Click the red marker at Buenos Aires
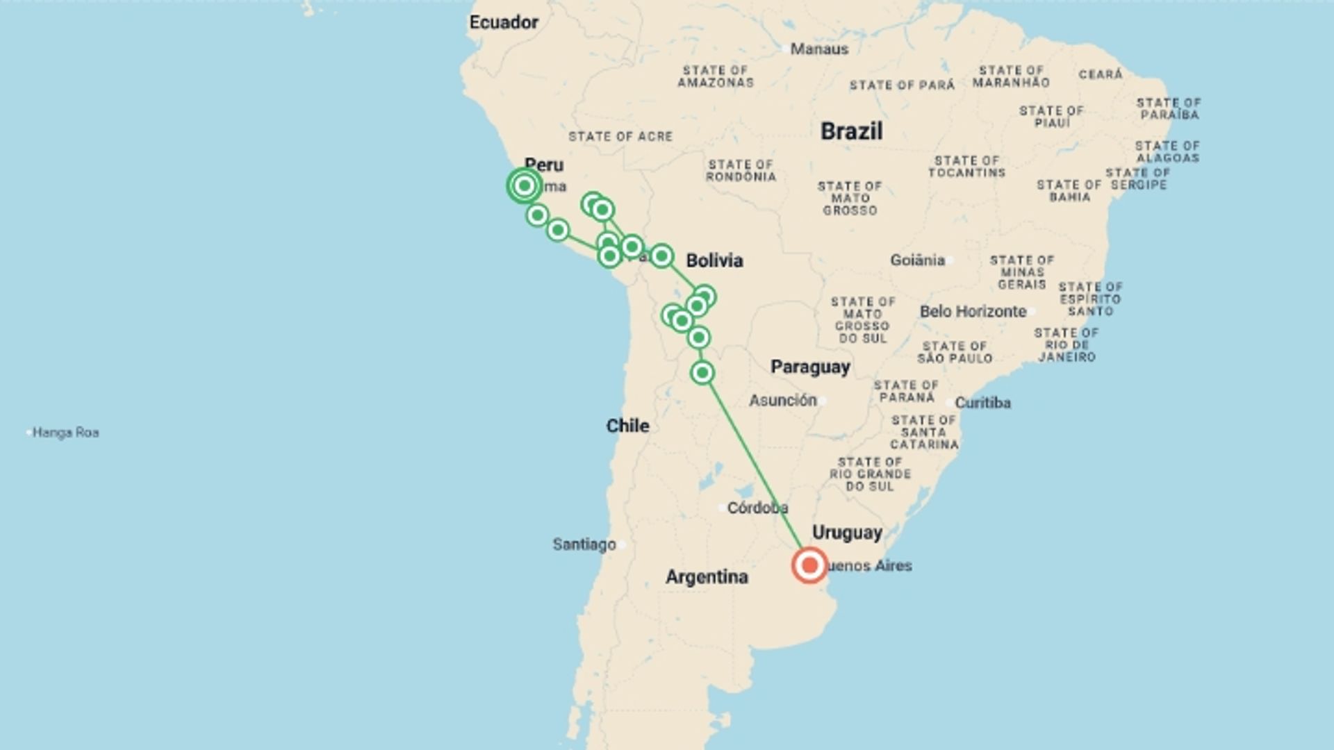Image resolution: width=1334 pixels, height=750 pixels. click(809, 565)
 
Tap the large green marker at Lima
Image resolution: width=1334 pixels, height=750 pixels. click(525, 186)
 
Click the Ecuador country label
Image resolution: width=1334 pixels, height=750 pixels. click(504, 22)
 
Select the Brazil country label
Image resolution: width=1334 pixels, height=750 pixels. click(851, 131)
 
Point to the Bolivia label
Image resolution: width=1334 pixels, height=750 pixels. click(714, 260)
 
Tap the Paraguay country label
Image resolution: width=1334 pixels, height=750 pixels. click(810, 367)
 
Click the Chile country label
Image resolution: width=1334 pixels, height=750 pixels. click(627, 426)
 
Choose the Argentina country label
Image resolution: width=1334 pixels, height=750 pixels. click(707, 576)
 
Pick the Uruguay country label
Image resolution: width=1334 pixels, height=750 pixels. click(847, 533)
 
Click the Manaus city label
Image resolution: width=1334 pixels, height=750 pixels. click(819, 49)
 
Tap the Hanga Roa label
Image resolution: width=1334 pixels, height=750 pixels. click(65, 433)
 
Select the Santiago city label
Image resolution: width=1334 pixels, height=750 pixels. click(584, 544)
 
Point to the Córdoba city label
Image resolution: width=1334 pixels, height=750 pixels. click(757, 508)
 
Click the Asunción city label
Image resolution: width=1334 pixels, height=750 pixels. click(782, 401)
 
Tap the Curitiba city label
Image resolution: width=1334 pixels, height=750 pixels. click(982, 403)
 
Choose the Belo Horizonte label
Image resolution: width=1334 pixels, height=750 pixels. click(973, 312)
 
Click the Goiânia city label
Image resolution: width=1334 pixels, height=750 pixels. click(917, 260)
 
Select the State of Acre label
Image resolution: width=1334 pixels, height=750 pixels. click(620, 137)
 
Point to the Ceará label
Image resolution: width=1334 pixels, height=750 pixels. click(1101, 74)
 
